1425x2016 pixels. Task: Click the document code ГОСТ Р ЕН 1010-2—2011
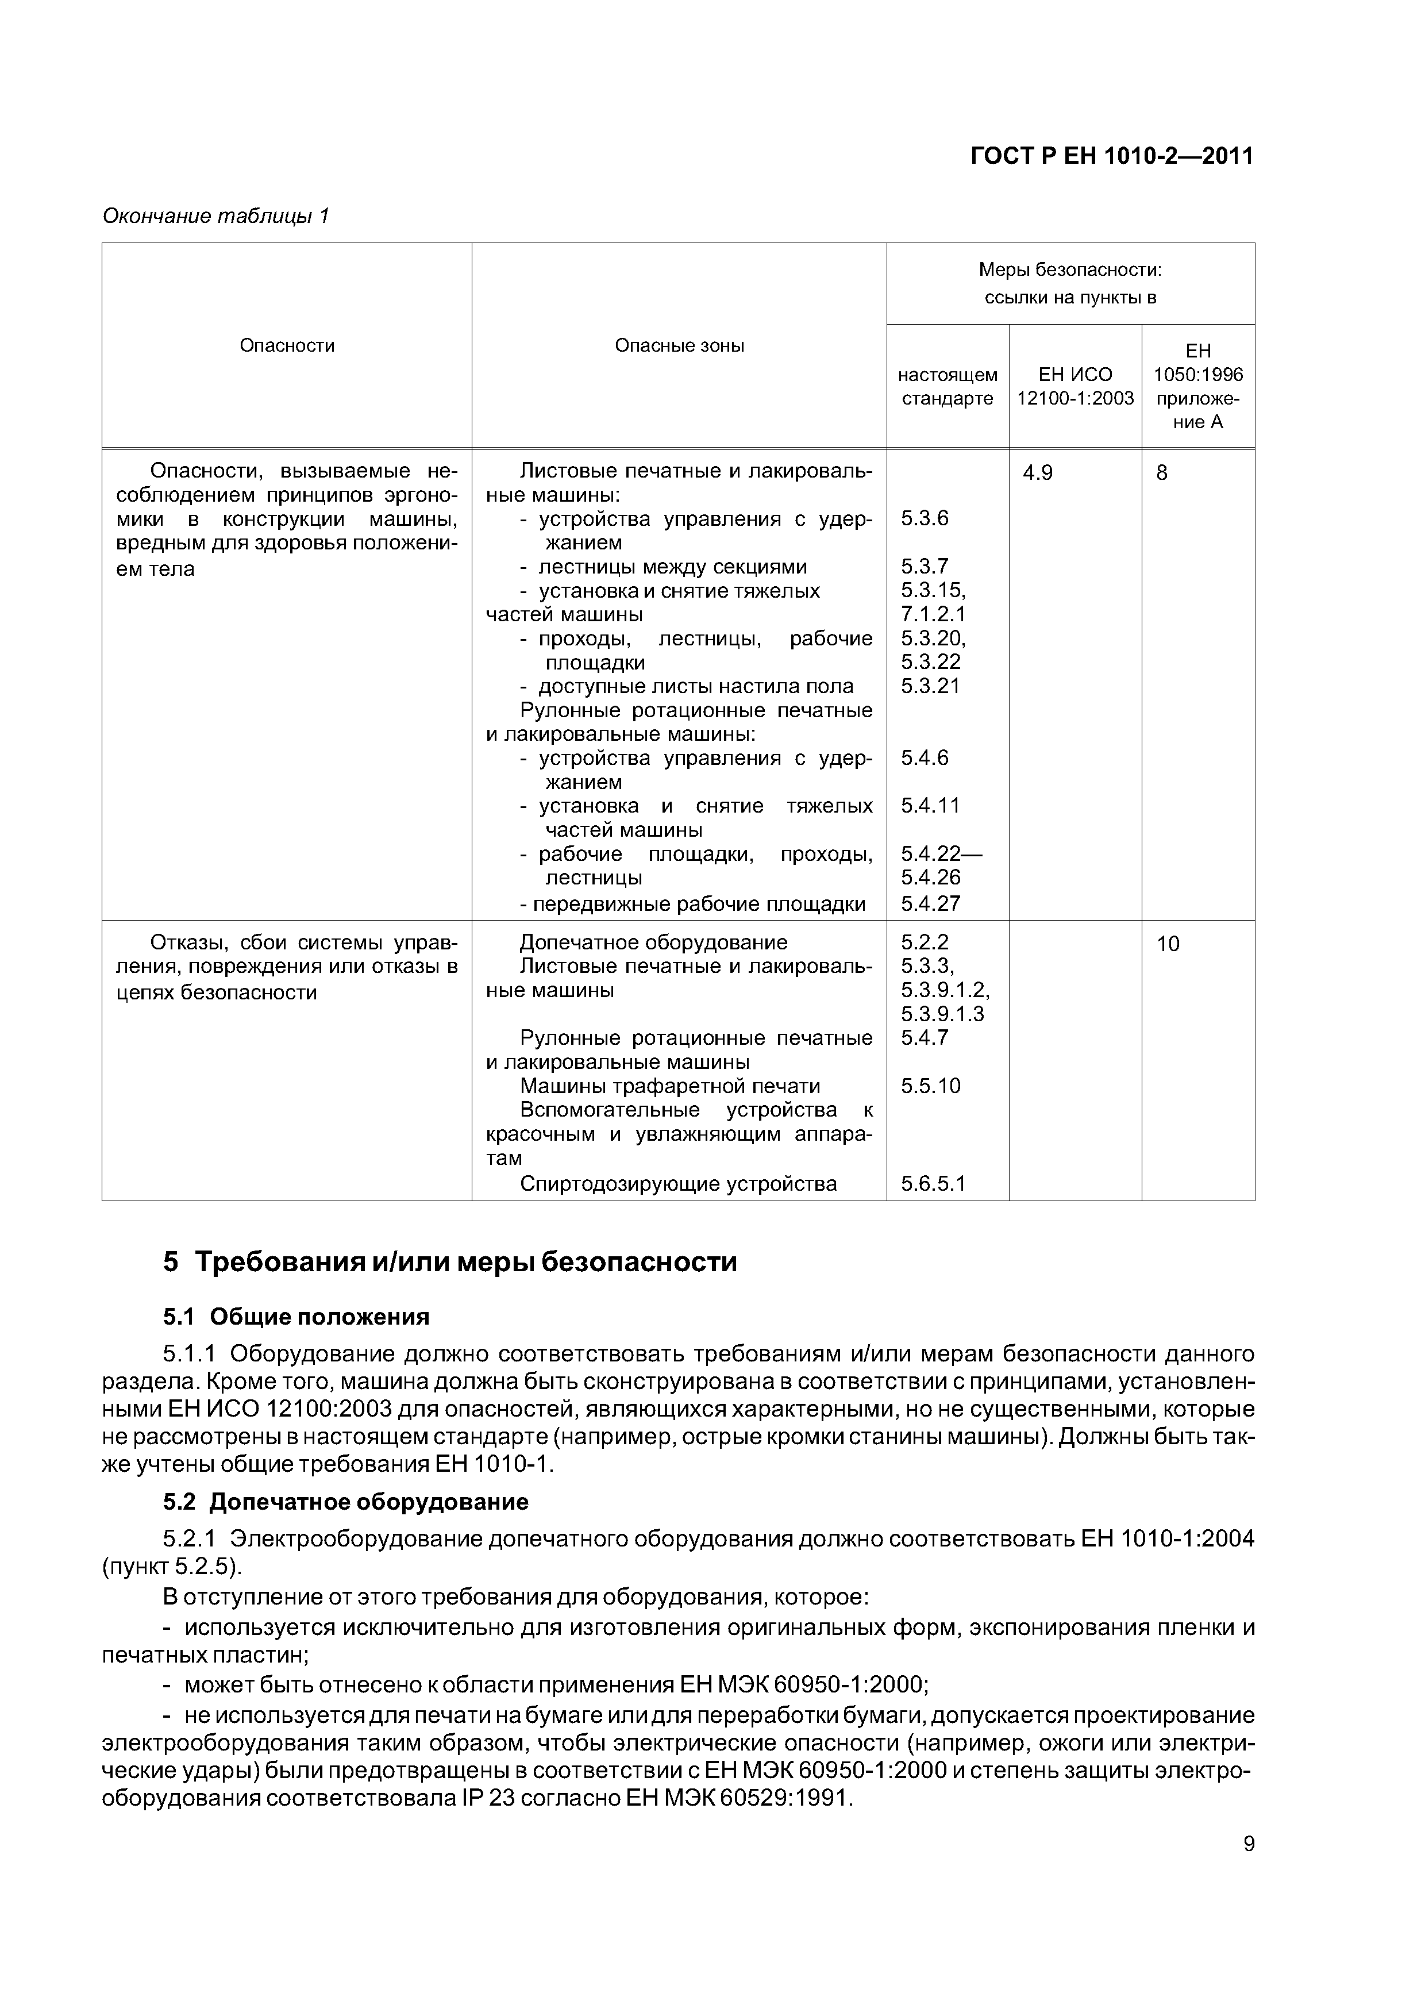pos(1111,156)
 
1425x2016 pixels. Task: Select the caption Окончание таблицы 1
pos(215,216)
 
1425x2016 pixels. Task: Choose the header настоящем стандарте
pos(948,386)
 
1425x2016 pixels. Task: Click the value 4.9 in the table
pos(1037,474)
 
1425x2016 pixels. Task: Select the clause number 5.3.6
pos(925,518)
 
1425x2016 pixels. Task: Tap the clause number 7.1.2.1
pos(933,614)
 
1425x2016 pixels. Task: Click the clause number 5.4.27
pos(930,903)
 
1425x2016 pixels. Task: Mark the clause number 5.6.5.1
pos(933,1184)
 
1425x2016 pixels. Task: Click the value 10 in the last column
pos(1168,944)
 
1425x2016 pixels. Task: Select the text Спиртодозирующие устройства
pos(678,1184)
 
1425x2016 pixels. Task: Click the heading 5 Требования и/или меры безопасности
pos(449,1262)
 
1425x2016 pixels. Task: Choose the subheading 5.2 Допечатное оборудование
pos(346,1502)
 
